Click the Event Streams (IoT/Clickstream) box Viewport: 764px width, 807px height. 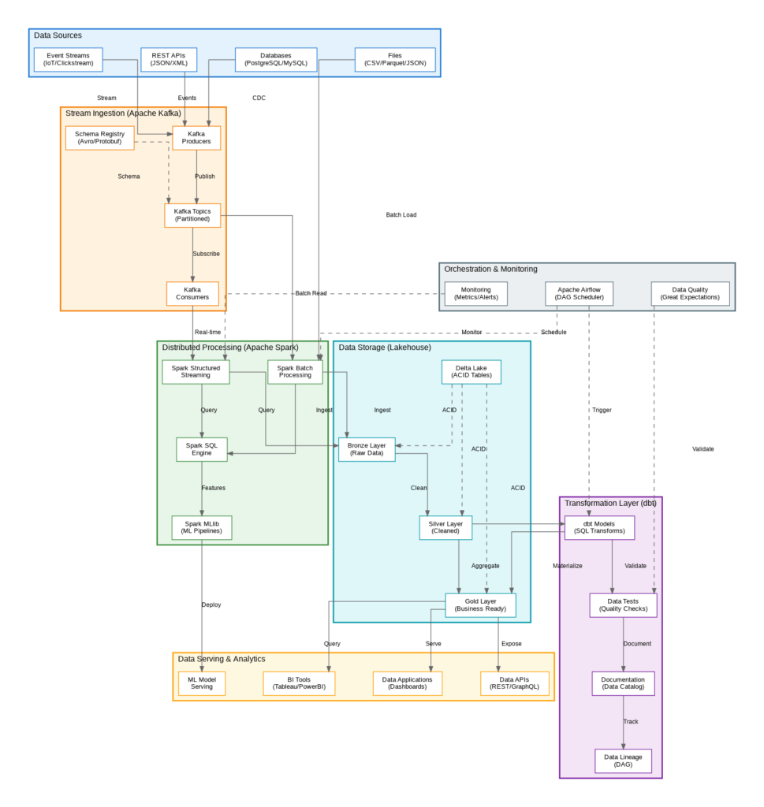[x=68, y=59]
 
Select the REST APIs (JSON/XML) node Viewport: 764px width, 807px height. [x=169, y=59]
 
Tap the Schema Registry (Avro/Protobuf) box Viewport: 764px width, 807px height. [x=99, y=138]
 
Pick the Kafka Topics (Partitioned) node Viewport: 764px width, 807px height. [x=192, y=215]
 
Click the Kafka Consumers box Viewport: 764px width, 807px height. [x=192, y=293]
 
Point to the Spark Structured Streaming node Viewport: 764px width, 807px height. [x=196, y=371]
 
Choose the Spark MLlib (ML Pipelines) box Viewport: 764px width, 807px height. [x=202, y=527]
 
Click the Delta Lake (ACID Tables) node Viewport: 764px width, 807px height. [x=471, y=371]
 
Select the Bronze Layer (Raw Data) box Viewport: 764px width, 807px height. [x=367, y=449]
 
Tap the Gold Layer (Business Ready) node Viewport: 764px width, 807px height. [x=480, y=605]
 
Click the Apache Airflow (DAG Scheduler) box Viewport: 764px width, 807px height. [x=580, y=293]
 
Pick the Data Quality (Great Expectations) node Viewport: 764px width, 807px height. [x=690, y=293]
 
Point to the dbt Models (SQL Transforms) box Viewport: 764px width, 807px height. [x=600, y=527]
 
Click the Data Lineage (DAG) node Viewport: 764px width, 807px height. [x=623, y=761]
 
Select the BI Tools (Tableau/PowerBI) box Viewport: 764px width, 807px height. [x=299, y=683]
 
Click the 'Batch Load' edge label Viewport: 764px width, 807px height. [x=401, y=214]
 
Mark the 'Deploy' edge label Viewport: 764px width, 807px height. [x=211, y=604]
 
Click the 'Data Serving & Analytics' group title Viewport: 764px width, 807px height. [x=222, y=659]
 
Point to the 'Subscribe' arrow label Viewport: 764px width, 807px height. [x=207, y=254]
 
